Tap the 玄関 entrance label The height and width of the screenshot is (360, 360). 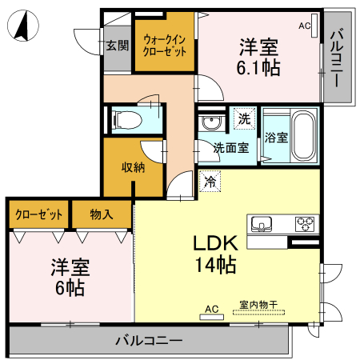tap(117, 46)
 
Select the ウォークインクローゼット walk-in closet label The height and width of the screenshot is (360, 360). tap(166, 43)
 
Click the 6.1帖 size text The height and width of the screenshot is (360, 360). tap(258, 68)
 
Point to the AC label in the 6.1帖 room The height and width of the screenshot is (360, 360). tap(304, 26)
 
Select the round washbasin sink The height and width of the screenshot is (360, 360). tap(211, 123)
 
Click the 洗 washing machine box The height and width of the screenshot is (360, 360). tap(242, 118)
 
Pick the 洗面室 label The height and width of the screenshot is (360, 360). tap(230, 147)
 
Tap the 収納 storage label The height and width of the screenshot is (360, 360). tap(133, 167)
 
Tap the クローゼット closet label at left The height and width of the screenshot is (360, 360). tap(38, 214)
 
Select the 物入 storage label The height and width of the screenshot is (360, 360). tap(102, 214)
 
